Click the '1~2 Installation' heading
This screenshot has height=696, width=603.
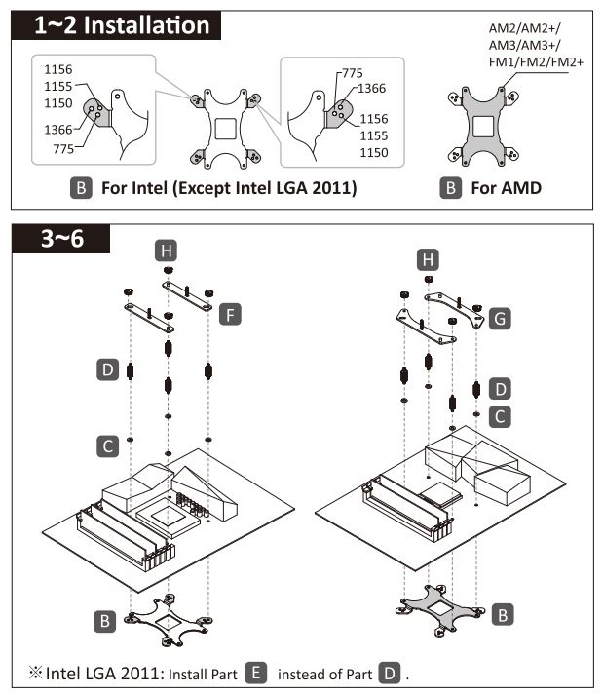[123, 26]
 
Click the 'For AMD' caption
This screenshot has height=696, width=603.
[506, 187]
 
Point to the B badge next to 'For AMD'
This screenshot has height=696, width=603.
[450, 187]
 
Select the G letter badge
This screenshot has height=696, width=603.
[500, 318]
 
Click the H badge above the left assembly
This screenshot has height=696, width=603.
[167, 251]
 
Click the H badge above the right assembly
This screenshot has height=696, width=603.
[427, 259]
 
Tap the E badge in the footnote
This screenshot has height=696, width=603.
[257, 673]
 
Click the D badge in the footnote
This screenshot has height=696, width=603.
[390, 673]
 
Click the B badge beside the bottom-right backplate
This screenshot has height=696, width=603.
[502, 614]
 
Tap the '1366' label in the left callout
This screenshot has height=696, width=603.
[57, 128]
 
